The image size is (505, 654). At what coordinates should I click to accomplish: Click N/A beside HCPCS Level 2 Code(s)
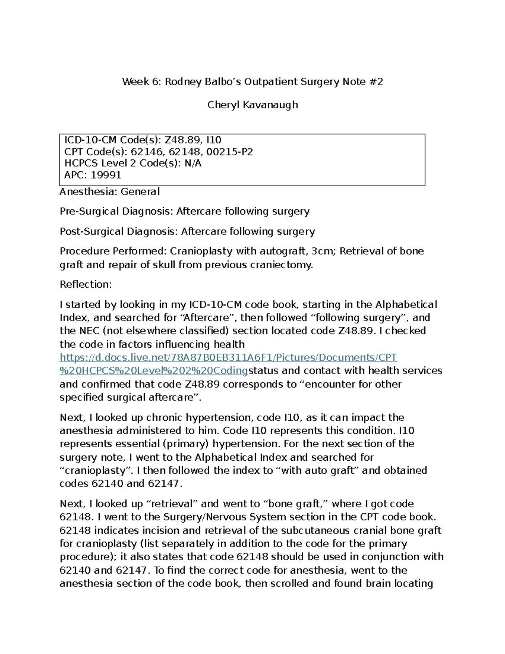193,163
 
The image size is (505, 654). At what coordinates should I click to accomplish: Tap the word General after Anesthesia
140,192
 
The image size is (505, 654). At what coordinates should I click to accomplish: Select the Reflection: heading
86,285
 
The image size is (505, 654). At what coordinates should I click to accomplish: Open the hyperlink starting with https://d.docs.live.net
229,358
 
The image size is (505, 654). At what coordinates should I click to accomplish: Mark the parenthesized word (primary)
186,444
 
